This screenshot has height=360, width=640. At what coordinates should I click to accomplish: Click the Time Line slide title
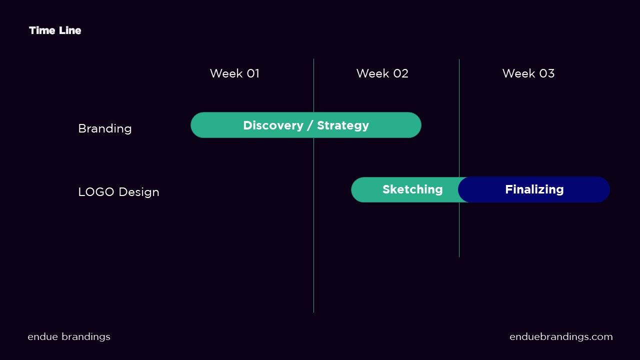pos(55,30)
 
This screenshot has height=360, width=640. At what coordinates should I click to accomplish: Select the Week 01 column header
pos(234,73)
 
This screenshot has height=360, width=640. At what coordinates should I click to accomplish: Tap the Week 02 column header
pos(382,73)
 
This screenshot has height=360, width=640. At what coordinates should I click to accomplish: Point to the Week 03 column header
pos(528,73)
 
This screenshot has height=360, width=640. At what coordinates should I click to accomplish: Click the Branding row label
pos(105,128)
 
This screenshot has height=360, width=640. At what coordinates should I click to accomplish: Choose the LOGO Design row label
pos(118,191)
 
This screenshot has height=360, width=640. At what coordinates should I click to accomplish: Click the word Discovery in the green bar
pos(273,125)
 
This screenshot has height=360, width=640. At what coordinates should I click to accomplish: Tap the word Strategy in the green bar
pos(343,125)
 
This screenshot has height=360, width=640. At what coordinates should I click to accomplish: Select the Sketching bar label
pos(412,189)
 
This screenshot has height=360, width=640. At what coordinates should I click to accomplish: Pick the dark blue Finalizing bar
pos(534,189)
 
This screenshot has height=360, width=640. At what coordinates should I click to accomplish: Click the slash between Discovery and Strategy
pos(310,125)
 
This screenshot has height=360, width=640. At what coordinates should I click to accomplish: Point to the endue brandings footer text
pos(69,337)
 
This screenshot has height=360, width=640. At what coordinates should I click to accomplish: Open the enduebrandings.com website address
pos(561,337)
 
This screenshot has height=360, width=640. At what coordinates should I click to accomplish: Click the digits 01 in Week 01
pos(253,73)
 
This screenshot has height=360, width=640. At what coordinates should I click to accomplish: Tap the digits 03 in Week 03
pos(547,73)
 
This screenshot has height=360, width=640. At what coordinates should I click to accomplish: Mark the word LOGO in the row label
pos(96,191)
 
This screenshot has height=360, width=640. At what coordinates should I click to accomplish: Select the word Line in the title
pos(70,30)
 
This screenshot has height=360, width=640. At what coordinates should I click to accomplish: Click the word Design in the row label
pos(139,192)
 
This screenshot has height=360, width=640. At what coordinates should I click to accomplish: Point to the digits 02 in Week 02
pos(400,73)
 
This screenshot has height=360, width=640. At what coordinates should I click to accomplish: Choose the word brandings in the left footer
pos(86,337)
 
